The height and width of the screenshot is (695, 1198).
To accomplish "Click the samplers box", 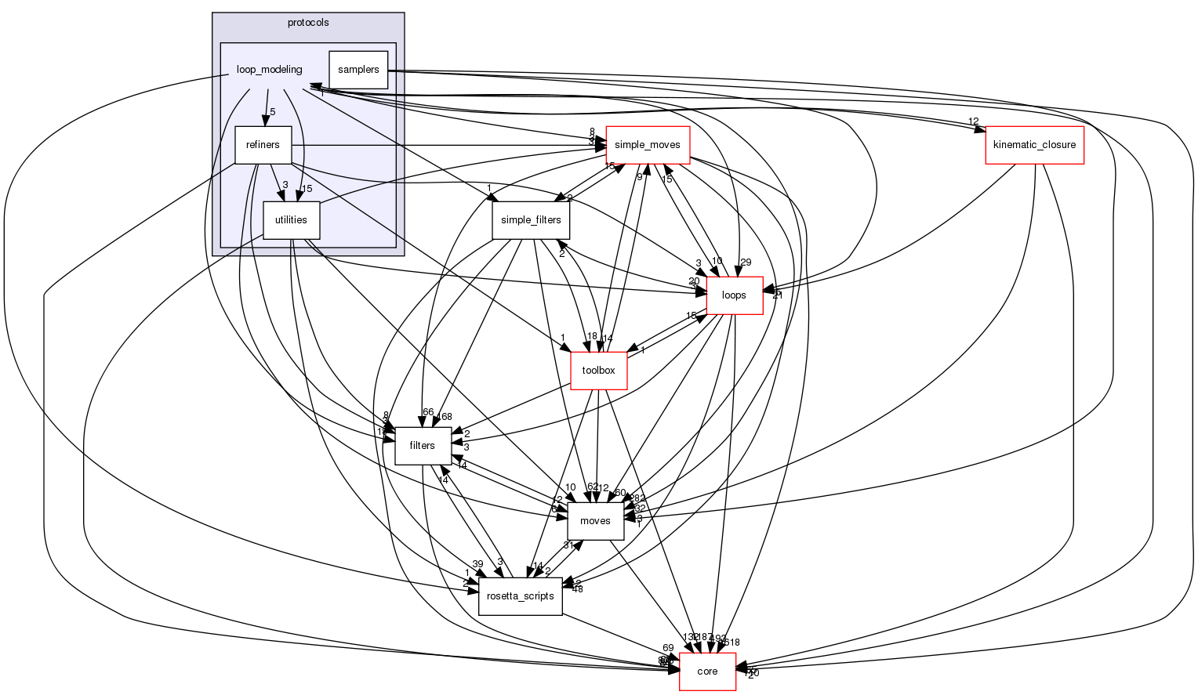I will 358,70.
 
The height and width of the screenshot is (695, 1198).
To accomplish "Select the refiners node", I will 263,145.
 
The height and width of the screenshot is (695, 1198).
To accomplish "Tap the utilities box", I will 291,220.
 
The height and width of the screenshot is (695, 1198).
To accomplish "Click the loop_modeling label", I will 269,70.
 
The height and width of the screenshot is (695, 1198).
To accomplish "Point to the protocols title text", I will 308,23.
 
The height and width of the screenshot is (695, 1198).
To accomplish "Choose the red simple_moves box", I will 648,145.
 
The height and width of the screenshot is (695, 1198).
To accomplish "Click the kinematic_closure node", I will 1034,145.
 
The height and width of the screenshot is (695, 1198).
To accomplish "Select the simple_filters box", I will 531,220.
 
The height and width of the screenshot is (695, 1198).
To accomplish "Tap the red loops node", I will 734,295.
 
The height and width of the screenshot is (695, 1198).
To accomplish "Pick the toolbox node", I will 599,371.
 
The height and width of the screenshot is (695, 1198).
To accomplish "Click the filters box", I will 422,446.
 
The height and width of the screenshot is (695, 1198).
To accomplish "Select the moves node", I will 595,521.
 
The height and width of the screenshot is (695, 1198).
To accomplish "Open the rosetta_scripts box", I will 521,596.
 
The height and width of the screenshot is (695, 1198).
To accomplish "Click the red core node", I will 707,671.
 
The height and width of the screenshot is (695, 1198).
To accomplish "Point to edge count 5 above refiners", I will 273,112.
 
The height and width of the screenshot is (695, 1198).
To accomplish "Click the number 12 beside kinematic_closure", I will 973,121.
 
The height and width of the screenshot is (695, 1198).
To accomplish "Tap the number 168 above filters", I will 445,416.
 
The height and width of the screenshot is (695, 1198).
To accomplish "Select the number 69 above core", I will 668,648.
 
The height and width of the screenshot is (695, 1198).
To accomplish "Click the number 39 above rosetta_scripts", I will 477,565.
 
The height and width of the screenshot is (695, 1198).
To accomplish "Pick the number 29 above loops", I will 745,262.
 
